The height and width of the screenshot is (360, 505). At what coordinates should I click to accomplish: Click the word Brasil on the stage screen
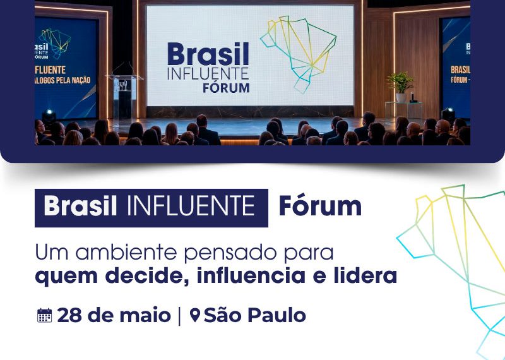[x=208, y=55]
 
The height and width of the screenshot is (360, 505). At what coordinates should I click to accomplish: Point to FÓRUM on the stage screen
[x=226, y=87]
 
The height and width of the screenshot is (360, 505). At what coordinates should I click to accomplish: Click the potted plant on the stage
[x=400, y=86]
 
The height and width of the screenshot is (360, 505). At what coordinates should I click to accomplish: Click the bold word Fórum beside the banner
[x=320, y=207]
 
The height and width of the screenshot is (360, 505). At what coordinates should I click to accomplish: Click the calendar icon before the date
[x=44, y=315]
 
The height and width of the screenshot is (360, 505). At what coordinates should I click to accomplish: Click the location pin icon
[x=195, y=315]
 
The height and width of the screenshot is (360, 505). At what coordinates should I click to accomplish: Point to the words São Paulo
[x=254, y=315]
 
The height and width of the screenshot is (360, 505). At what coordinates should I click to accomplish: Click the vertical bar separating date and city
[x=180, y=315]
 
